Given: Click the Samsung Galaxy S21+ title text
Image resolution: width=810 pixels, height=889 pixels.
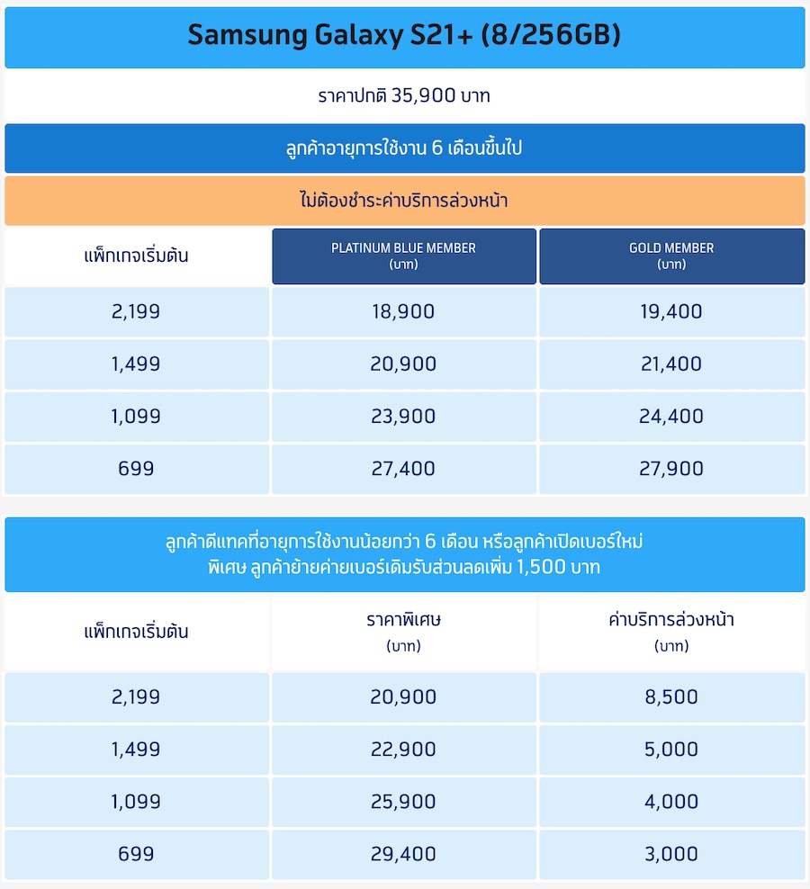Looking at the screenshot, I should tap(404, 35).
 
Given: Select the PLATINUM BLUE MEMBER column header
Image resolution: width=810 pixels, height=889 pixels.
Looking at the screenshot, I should tap(403, 256).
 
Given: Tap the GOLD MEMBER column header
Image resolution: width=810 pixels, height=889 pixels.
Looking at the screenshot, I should tap(671, 256).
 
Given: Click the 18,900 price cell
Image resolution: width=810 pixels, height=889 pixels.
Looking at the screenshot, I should tap(403, 312).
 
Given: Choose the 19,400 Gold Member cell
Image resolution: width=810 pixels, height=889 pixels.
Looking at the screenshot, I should tap(671, 312).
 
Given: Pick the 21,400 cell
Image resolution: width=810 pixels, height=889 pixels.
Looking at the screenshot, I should tap(671, 364).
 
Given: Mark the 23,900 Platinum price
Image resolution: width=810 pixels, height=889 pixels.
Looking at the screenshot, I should tap(403, 417).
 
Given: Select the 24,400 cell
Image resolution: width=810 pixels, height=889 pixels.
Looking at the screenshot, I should tap(671, 417).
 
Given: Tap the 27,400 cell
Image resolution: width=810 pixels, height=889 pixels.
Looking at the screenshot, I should tap(403, 469).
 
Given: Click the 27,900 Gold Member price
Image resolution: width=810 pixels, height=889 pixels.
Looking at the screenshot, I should tap(671, 469).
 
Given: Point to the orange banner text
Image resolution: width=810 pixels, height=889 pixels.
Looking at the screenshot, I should tap(404, 201).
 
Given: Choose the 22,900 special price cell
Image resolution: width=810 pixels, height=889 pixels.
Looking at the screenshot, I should tap(403, 750).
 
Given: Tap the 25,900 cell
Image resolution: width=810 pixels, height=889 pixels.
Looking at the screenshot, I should tap(403, 802).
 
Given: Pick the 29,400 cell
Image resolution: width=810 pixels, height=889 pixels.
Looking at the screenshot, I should tap(403, 854).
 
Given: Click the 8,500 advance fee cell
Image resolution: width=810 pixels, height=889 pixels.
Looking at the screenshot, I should tap(671, 697).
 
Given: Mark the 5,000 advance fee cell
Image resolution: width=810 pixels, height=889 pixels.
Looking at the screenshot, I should tap(671, 750).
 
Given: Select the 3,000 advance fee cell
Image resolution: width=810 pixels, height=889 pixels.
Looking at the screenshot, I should tap(671, 854).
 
